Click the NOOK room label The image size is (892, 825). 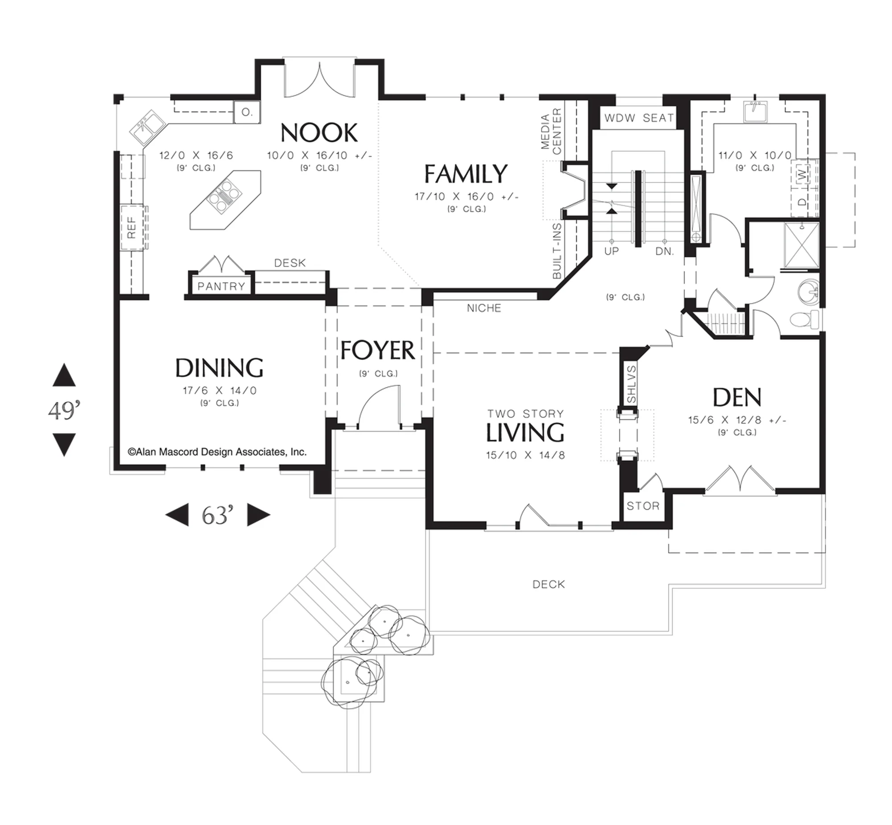(x=319, y=132)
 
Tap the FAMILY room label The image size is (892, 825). (x=466, y=173)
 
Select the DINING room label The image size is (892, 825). (x=219, y=368)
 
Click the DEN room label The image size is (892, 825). (x=737, y=397)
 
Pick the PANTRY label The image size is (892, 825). (x=221, y=286)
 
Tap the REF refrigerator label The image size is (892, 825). (x=132, y=227)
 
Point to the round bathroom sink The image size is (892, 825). (x=808, y=291)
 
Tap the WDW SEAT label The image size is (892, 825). (x=639, y=118)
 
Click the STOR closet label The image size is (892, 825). (x=643, y=506)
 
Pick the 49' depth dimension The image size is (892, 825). (x=64, y=410)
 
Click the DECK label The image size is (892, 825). (x=549, y=584)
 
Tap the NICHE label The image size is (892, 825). (x=484, y=308)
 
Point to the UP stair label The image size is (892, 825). (x=611, y=252)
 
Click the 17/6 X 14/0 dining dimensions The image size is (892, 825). (x=219, y=391)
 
